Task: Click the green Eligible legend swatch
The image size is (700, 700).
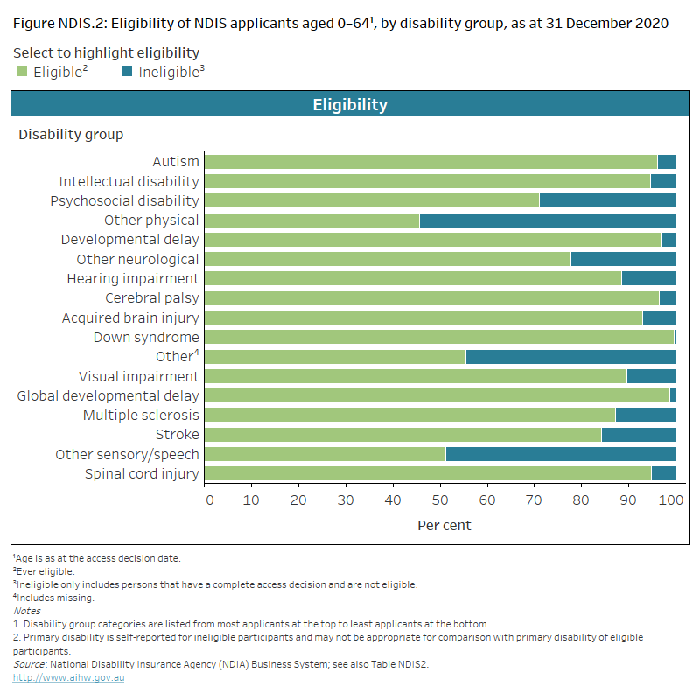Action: point(23,72)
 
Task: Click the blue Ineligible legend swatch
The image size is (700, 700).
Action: point(128,72)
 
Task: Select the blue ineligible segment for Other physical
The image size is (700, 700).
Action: point(547,220)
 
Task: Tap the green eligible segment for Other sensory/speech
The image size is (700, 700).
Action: point(325,454)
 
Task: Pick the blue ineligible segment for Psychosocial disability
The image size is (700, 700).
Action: point(607,200)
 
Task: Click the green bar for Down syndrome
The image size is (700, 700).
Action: point(438,337)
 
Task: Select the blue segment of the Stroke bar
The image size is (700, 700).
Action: point(638,435)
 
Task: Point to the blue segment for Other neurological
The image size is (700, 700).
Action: point(623,259)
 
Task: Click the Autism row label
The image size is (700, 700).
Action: point(176,162)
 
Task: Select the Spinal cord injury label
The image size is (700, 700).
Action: point(142,474)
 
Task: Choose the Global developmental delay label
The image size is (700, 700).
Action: point(108,396)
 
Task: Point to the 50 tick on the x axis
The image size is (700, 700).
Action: point(440,500)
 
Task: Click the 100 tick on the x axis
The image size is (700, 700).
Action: point(671,500)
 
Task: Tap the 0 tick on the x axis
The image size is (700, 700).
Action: point(209,500)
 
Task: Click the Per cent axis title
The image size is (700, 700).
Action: point(444,525)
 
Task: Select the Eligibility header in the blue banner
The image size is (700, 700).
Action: point(350,105)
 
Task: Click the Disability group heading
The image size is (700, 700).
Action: point(71,135)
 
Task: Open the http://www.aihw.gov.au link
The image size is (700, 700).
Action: point(68,677)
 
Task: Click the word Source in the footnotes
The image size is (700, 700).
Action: point(31,664)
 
